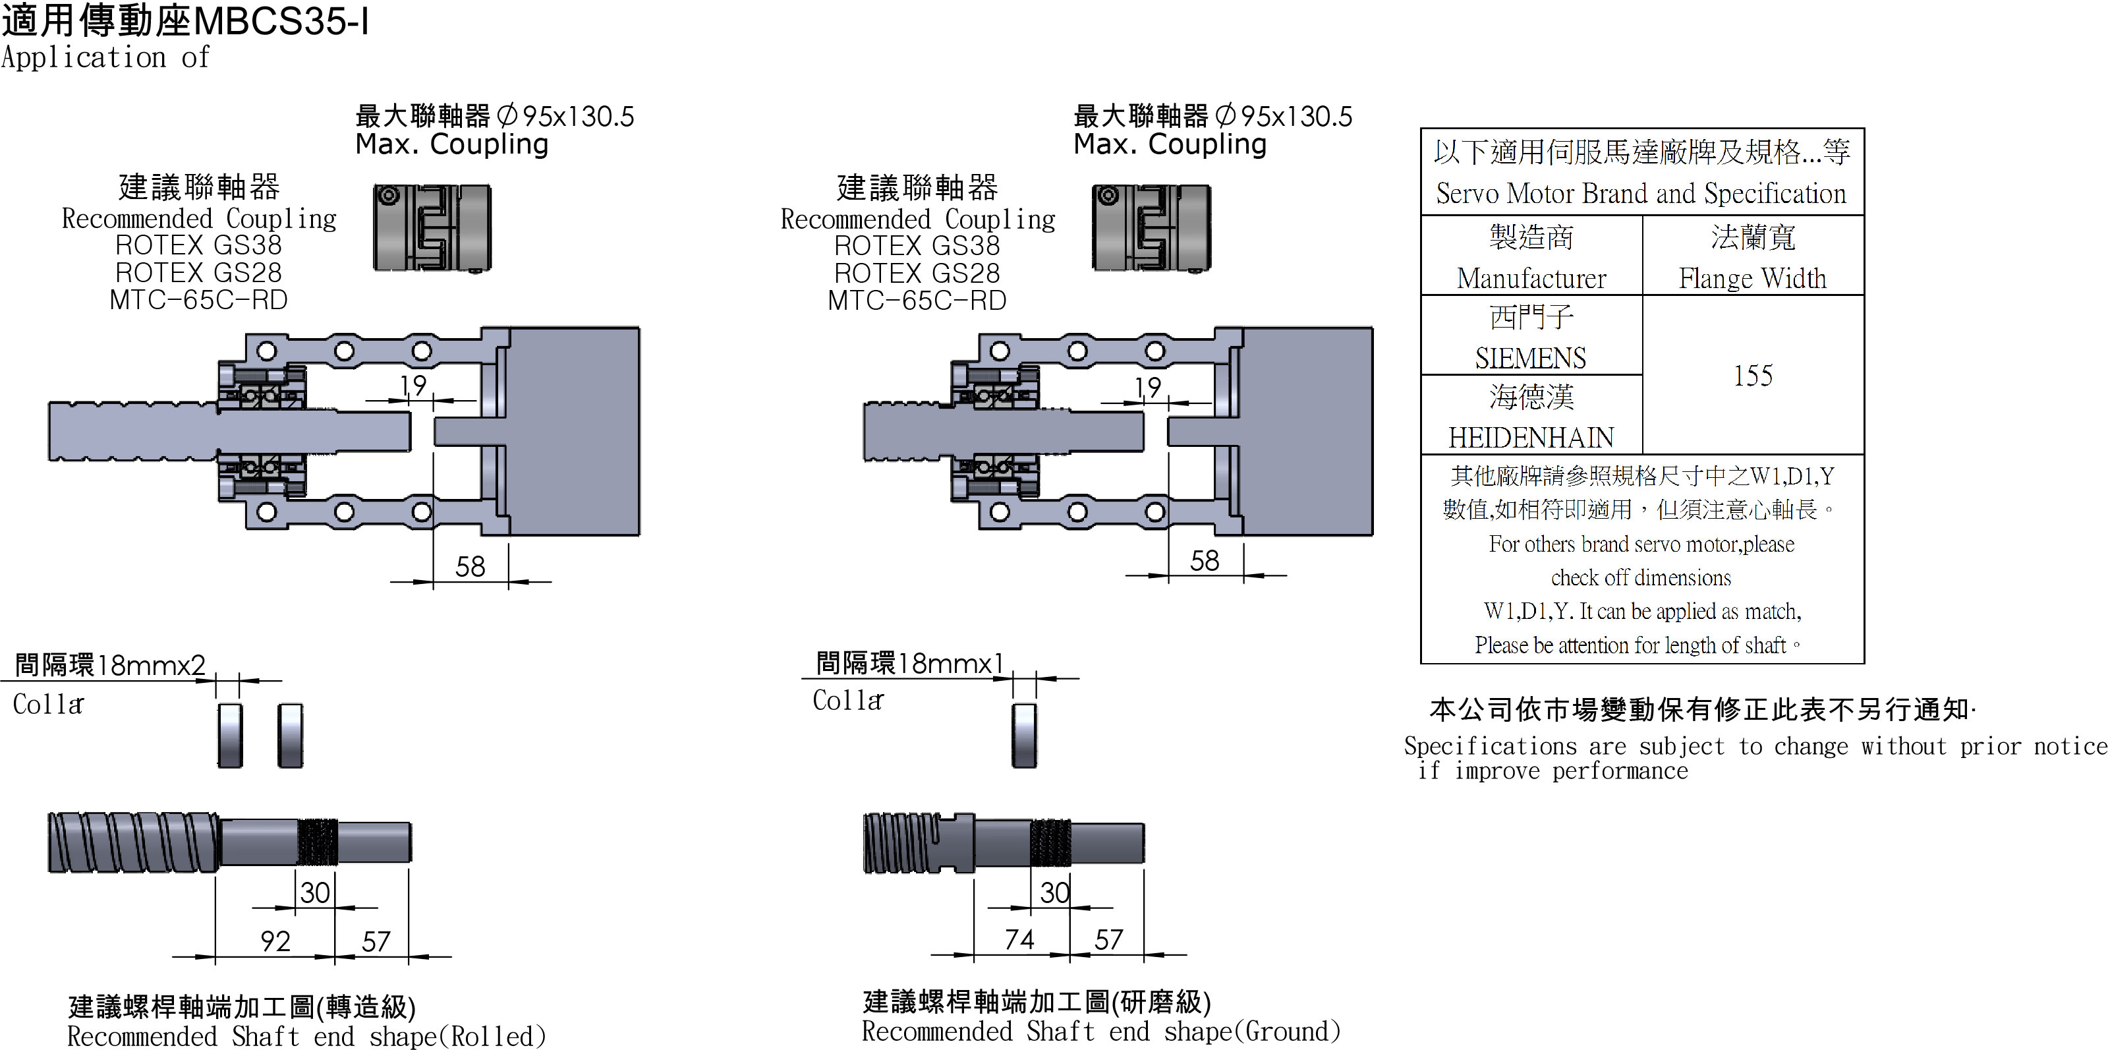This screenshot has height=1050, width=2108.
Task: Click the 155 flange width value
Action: pyautogui.click(x=1752, y=376)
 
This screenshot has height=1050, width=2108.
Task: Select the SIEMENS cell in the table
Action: pyautogui.click(x=1530, y=358)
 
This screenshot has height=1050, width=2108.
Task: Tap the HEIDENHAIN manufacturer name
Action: pyautogui.click(x=1530, y=438)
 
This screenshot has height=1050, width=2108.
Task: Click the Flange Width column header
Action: pyautogui.click(x=1752, y=278)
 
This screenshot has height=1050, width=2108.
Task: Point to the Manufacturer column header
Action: pyautogui.click(x=1531, y=278)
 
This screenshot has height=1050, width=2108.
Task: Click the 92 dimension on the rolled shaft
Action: pyautogui.click(x=275, y=941)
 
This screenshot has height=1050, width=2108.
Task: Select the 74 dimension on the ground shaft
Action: pyautogui.click(x=1019, y=939)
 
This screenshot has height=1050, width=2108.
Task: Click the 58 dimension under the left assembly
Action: pyautogui.click(x=470, y=566)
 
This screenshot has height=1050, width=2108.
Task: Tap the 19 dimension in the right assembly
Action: pyautogui.click(x=1147, y=387)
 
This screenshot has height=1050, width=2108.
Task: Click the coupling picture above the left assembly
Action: pyautogui.click(x=432, y=227)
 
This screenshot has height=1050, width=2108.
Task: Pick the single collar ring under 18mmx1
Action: pyautogui.click(x=1024, y=734)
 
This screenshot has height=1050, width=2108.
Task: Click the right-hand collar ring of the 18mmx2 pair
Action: pyautogui.click(x=291, y=734)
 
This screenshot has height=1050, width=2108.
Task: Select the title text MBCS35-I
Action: pyautogui.click(x=281, y=21)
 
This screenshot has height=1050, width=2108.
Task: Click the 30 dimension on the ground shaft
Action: pyautogui.click(x=1054, y=892)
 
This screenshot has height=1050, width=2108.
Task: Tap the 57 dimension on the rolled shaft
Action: pyautogui.click(x=376, y=941)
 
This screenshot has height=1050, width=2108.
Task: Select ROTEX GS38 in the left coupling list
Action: pyautogui.click(x=198, y=245)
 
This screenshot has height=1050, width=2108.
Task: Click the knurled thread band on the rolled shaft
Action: pyautogui.click(x=317, y=841)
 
